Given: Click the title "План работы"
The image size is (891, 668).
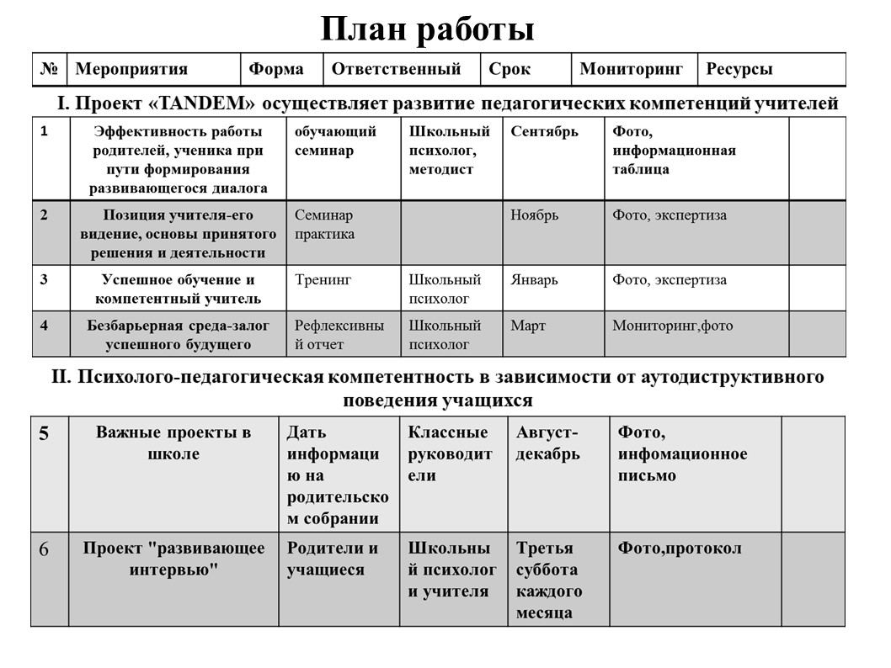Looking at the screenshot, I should [427, 30].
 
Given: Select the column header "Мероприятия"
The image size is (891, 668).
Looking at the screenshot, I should [131, 70].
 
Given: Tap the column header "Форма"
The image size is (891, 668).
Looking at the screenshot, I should [276, 70].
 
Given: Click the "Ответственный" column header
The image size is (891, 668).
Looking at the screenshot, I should [396, 70].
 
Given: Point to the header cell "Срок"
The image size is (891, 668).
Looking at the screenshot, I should [510, 70].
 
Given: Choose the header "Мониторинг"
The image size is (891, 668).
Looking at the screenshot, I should [631, 70].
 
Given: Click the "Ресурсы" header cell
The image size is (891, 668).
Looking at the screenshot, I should [739, 70].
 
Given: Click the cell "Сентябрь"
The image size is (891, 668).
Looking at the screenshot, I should [544, 132].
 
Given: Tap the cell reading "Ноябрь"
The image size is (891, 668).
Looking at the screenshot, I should [535, 215].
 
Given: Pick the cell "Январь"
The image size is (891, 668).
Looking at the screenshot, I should [534, 280].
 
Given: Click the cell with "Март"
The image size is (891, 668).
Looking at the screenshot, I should [528, 326].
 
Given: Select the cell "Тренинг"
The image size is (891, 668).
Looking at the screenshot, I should [323, 280].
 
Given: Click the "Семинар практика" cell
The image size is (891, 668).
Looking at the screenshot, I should [325, 225].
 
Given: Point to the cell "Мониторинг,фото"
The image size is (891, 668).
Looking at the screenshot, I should [672, 326].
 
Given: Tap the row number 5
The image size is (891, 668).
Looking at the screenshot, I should [44, 434].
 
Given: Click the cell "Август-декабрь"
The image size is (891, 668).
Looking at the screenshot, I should [547, 443].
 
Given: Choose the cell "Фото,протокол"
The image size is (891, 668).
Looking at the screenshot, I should [680, 549].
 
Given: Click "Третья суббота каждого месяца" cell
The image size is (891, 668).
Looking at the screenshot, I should [549, 581].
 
